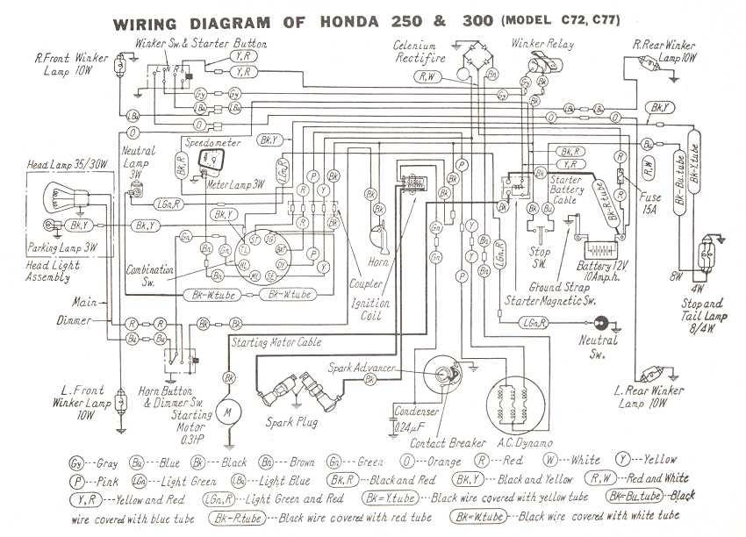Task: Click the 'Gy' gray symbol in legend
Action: pyautogui.click(x=76, y=460)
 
